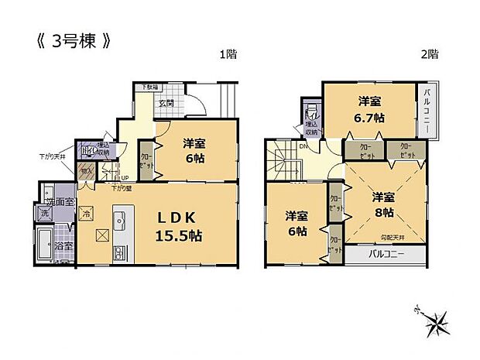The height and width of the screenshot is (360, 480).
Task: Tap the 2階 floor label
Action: point(430,54)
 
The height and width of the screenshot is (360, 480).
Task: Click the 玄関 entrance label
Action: point(167,103)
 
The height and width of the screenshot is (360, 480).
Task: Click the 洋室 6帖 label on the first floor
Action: point(195,149)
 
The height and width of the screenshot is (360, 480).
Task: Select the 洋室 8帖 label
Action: point(382,203)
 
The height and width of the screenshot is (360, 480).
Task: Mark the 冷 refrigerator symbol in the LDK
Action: point(87,213)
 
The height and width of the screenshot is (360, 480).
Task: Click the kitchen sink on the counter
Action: point(118,216)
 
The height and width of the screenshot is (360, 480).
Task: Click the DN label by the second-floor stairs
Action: point(304,144)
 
